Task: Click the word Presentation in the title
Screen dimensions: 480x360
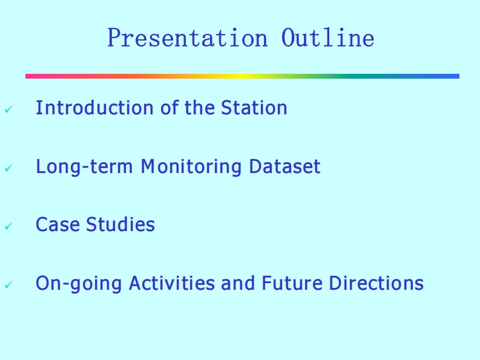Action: click(188, 38)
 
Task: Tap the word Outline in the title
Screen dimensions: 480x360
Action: click(328, 38)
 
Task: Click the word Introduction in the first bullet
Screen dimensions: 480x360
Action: click(94, 108)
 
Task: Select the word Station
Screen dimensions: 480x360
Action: click(254, 108)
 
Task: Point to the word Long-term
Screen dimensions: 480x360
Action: click(85, 167)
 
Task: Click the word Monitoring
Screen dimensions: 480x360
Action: click(191, 167)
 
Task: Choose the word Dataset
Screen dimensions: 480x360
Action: click(285, 166)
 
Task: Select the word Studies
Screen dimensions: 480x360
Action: click(120, 224)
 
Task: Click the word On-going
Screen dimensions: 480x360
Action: click(79, 284)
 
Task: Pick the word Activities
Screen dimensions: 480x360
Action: click(172, 283)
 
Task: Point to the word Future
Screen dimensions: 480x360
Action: click(292, 283)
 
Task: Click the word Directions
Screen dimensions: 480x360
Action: click(376, 283)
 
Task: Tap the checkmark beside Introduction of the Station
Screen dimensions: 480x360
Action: click(8, 110)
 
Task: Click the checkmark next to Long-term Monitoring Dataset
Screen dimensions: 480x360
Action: click(8, 168)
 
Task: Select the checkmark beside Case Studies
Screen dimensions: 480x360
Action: click(8, 226)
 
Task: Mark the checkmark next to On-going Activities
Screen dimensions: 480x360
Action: click(8, 285)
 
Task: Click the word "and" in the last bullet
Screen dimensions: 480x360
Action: click(238, 283)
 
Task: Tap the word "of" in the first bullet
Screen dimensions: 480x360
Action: click(169, 108)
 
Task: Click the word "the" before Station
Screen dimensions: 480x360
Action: click(200, 108)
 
